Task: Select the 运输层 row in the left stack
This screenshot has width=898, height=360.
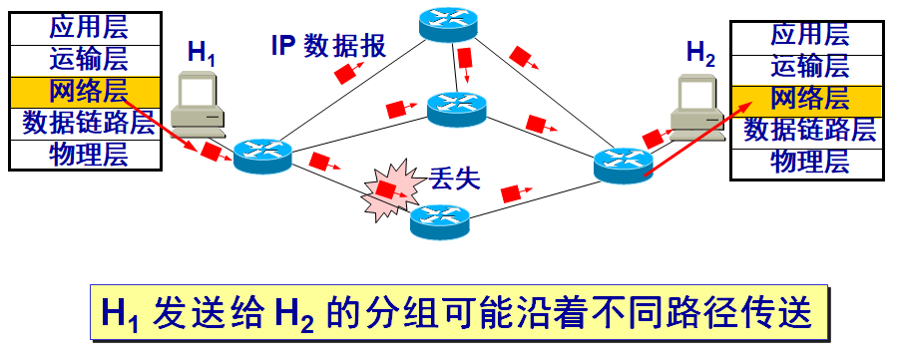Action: (x=88, y=59)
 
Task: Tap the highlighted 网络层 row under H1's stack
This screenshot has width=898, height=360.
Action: (x=88, y=91)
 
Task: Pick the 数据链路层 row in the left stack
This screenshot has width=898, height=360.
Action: (x=88, y=123)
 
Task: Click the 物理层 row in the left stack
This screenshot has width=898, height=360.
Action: (x=88, y=154)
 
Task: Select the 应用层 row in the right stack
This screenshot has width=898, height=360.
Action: (x=809, y=34)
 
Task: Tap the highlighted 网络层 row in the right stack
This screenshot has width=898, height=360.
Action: (x=809, y=98)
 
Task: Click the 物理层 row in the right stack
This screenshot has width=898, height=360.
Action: (x=809, y=162)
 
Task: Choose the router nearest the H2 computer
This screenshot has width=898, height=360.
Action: (x=623, y=164)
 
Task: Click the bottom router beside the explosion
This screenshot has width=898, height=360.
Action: (x=439, y=219)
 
